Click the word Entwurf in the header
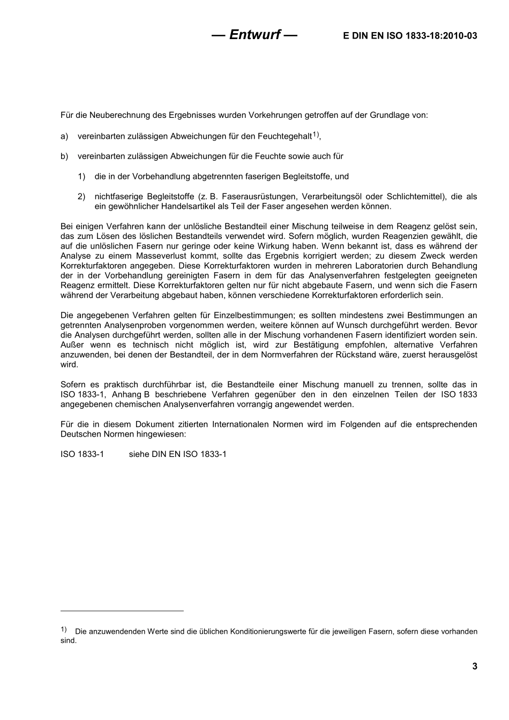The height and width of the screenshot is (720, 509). (254, 35)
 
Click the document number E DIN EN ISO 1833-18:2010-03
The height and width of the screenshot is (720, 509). (410, 36)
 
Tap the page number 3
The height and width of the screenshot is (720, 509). (474, 666)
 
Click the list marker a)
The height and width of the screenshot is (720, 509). (64, 137)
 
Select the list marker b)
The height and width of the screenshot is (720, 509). (64, 156)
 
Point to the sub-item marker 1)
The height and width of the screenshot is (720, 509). (81, 176)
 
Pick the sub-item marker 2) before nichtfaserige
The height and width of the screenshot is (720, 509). (81, 197)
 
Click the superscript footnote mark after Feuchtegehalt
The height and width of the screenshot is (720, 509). (316, 134)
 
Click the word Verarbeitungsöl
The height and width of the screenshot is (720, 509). (336, 197)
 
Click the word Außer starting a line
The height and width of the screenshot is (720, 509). (72, 345)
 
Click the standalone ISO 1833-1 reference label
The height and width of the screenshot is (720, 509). (82, 454)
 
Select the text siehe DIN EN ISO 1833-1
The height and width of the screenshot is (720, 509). (177, 454)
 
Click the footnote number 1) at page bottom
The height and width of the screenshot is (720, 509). (63, 629)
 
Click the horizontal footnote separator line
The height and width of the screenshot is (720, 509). (122, 610)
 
